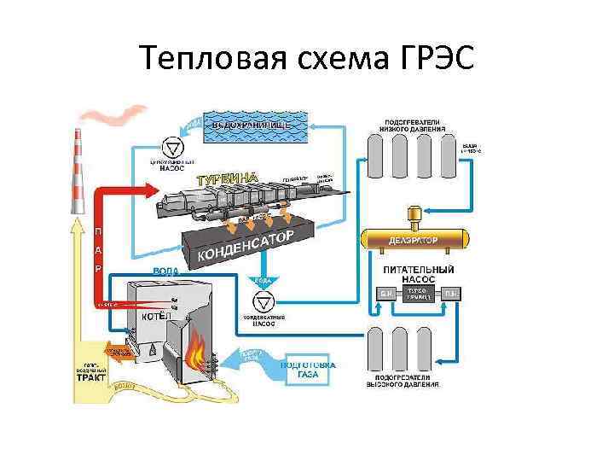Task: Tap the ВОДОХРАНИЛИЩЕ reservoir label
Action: pos(252,125)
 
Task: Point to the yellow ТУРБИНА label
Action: pos(228,178)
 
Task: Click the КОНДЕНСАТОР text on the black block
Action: pos(246,245)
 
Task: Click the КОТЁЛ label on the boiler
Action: pos(156,317)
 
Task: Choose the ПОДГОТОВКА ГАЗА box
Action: pos(308,370)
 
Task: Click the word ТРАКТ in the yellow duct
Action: pos(91,376)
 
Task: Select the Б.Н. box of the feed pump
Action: pos(385,295)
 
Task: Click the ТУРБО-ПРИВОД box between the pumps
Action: pos(417,295)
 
